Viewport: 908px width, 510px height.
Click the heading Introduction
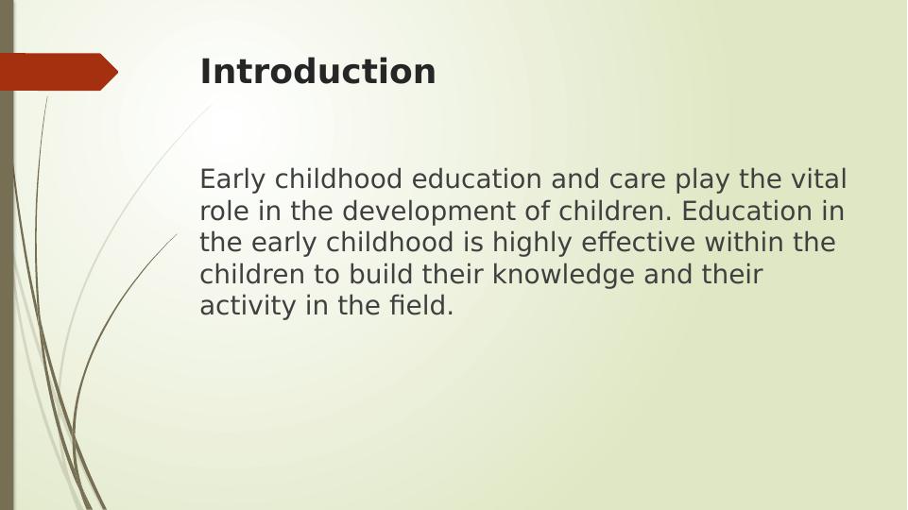coord(317,71)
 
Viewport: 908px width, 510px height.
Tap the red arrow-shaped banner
coord(59,72)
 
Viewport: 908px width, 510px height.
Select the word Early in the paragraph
coord(232,179)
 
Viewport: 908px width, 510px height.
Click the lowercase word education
coord(476,178)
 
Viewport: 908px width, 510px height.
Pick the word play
coord(702,180)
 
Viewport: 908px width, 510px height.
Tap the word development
coord(429,212)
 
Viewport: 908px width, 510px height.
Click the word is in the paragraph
coord(472,243)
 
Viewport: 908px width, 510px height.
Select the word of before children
coord(538,211)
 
